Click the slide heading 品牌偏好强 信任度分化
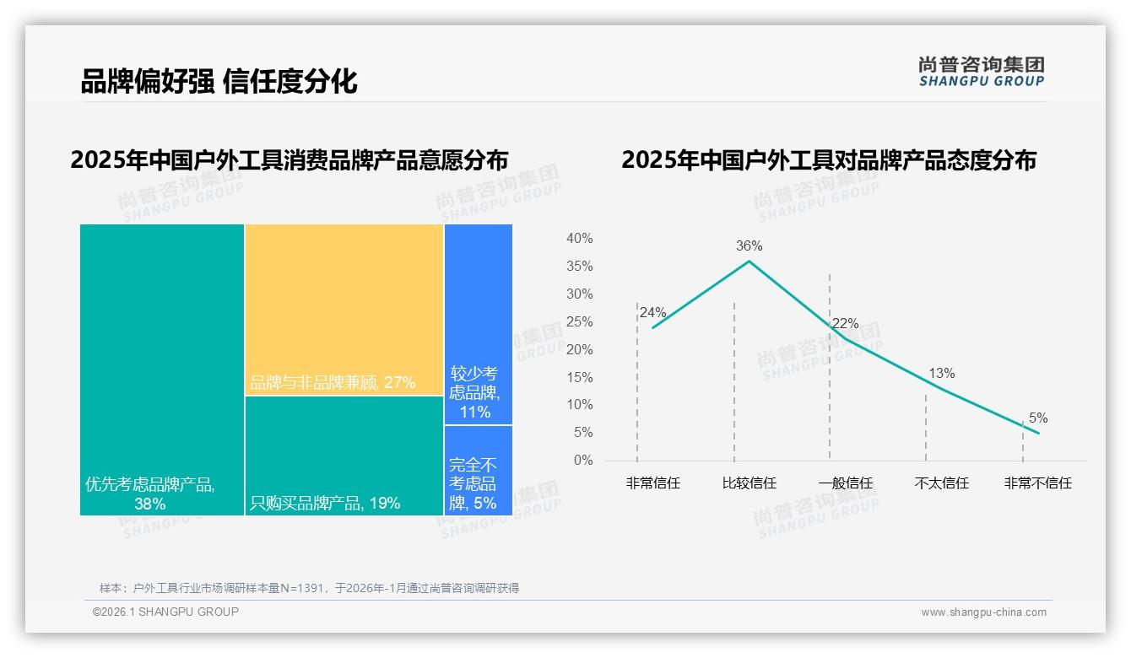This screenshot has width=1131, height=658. tap(219, 81)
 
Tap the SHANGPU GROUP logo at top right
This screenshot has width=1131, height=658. tap(981, 72)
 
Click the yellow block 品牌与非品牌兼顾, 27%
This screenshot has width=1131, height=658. tap(344, 309)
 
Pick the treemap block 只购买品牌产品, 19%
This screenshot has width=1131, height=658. tap(344, 456)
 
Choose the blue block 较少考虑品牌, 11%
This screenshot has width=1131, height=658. tap(478, 324)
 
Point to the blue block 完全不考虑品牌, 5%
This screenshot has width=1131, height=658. tap(478, 470)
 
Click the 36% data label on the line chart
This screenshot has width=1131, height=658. tap(749, 246)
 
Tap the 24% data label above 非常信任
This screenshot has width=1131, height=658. tap(652, 312)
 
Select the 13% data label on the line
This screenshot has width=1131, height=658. tap(941, 373)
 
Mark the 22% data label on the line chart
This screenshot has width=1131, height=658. tap(845, 324)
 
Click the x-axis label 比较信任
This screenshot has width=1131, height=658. tap(749, 483)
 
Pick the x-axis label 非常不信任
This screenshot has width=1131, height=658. tap(1037, 483)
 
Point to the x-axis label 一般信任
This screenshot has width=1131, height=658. tap(845, 483)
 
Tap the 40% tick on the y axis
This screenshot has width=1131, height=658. tap(579, 239)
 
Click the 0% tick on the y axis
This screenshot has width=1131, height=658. tap(582, 461)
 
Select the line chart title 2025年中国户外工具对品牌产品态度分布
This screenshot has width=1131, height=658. tap(828, 159)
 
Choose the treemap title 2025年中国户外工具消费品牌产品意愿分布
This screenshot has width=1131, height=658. tap(290, 159)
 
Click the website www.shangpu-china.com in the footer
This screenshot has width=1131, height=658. tap(983, 612)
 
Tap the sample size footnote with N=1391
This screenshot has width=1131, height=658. tap(309, 588)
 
